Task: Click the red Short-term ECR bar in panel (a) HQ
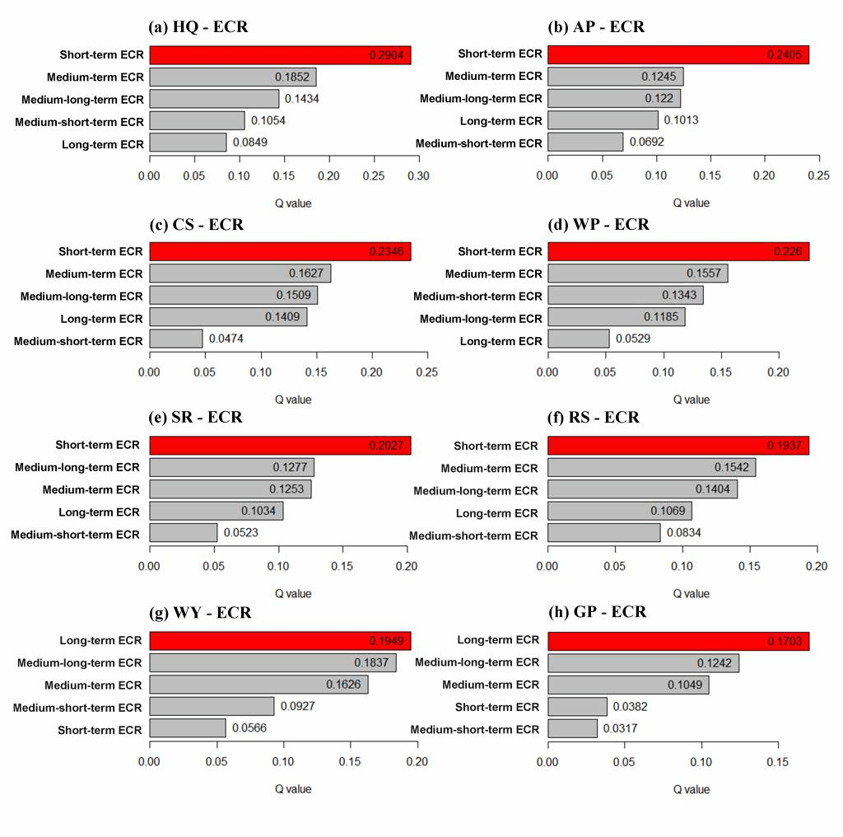coord(280,55)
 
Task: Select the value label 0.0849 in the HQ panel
coord(250,143)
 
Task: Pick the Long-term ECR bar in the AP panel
coord(603,120)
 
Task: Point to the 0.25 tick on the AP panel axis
coord(818,175)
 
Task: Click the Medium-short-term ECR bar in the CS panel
coord(175,339)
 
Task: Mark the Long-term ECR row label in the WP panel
coord(501,340)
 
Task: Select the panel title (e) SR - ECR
coord(195,418)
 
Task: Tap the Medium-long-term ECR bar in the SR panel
coord(231,467)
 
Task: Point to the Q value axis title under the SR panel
coord(293,593)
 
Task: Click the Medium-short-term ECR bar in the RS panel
coord(603,534)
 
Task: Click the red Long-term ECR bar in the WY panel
coord(280,640)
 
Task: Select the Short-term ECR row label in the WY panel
coord(100,730)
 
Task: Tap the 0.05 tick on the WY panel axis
coord(217,762)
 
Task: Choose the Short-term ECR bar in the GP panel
coord(577,707)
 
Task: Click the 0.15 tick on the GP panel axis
coord(778,762)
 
